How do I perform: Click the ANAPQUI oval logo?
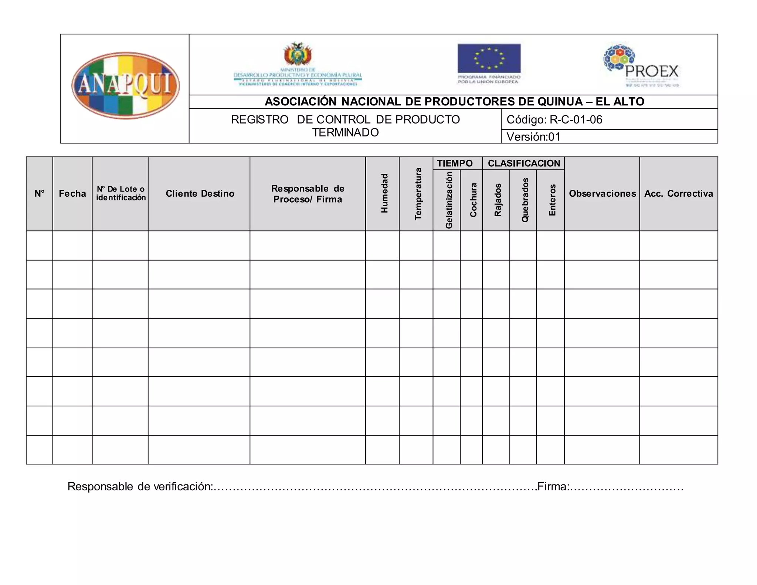point(126,85)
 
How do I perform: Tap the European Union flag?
point(489,58)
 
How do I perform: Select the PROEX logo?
point(642,66)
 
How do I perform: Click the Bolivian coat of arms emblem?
point(298,54)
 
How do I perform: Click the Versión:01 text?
point(533,137)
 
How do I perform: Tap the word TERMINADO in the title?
point(345,132)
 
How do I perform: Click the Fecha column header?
point(72,193)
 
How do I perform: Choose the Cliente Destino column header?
point(200,193)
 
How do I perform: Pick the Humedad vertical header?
point(384,193)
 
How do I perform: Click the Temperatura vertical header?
point(418,194)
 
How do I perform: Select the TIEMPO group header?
point(455,163)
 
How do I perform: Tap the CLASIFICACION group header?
point(524,163)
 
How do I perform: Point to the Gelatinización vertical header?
point(449,200)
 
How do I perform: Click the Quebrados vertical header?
point(525,200)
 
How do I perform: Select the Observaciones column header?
point(602,193)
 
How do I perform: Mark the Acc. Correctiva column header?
point(678,193)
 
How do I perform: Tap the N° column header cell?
point(40,193)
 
